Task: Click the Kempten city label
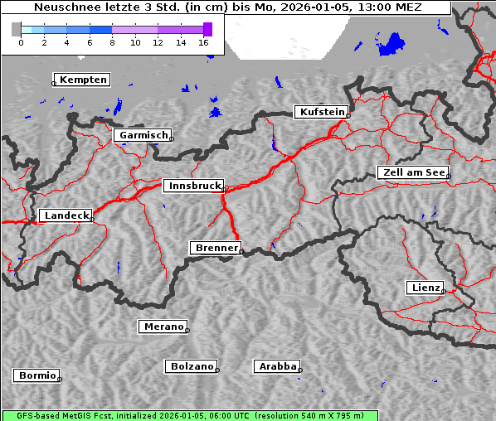(83, 80)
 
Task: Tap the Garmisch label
(143, 135)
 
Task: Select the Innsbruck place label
(192, 186)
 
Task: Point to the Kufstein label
(321, 112)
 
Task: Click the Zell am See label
(413, 172)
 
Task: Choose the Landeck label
(66, 215)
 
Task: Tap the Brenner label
(216, 248)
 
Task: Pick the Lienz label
(425, 288)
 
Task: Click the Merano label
(163, 327)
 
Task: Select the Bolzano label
(192, 366)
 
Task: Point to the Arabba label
(276, 366)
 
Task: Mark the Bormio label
(36, 375)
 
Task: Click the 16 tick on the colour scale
(203, 41)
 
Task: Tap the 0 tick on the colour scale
(20, 41)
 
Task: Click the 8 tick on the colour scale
(112, 41)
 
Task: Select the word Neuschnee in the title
(63, 7)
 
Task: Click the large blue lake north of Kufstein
(390, 45)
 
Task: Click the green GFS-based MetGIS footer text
(188, 415)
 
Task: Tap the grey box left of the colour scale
(16, 29)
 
